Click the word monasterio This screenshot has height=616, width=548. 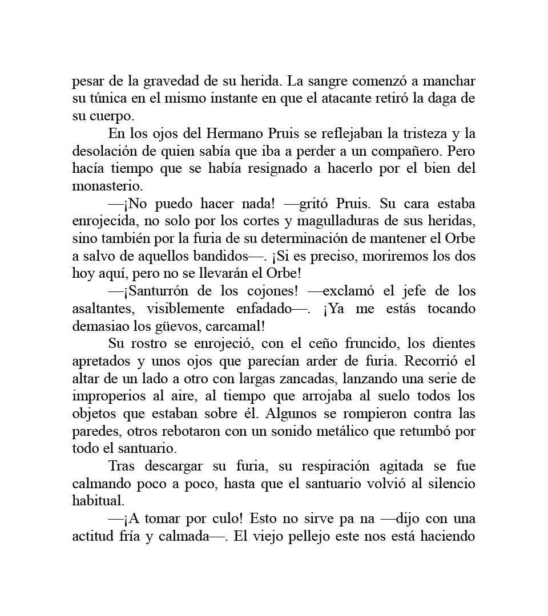pyautogui.click(x=107, y=187)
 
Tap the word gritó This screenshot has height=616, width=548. pyautogui.click(x=312, y=204)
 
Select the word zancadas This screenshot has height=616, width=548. pyautogui.click(x=304, y=379)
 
